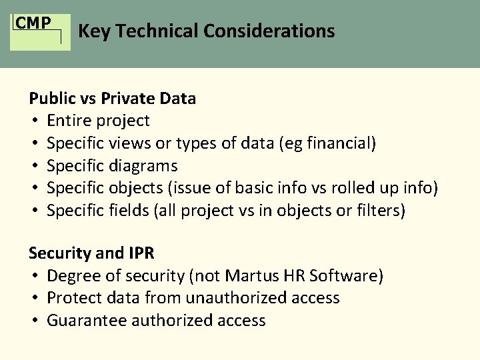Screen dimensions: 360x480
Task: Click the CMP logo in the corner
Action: [40, 31]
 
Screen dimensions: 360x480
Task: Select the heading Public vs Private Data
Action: [112, 99]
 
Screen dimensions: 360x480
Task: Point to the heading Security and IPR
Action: [91, 253]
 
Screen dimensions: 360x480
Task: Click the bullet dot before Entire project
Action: [33, 121]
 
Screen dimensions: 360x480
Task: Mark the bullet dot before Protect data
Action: [33, 299]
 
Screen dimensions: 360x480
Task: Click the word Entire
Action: [69, 121]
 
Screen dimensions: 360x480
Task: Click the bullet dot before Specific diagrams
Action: [33, 166]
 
